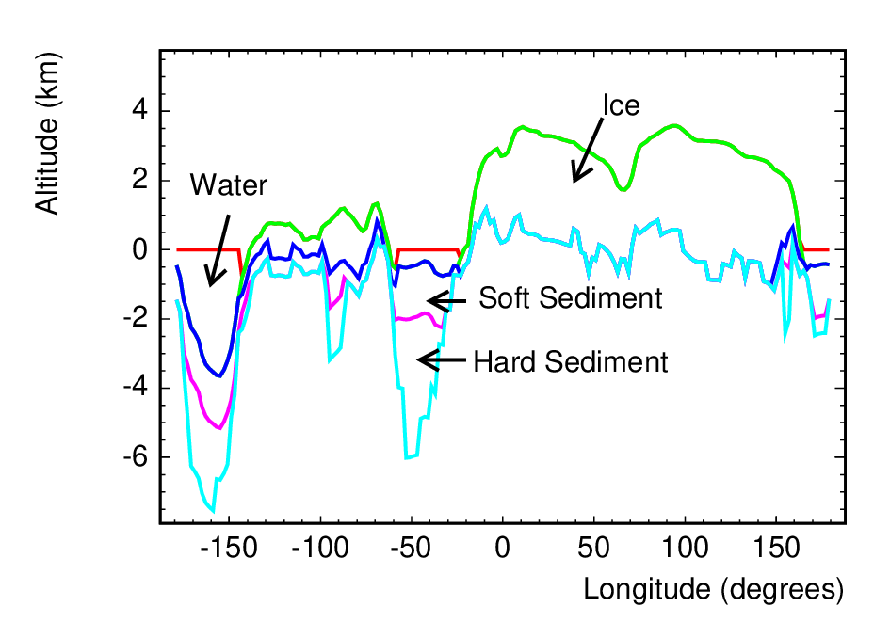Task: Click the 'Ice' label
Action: pos(621,105)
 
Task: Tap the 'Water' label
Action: pos(228,185)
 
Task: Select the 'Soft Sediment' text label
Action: pos(571,298)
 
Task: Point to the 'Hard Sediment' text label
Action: pos(571,361)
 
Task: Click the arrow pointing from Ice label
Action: pos(588,150)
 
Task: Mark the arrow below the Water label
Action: pos(219,249)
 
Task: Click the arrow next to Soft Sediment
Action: pos(446,301)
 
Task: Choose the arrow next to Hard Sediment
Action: pos(441,359)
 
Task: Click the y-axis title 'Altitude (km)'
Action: pos(47,134)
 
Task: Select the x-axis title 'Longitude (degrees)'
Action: pos(714,589)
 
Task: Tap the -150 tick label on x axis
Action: pos(229,548)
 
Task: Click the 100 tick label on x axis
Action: pos(685,548)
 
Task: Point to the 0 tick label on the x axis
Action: pos(502,548)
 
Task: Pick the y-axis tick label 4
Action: pos(139,110)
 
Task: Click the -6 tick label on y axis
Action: pos(135,456)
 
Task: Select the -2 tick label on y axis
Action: pos(135,318)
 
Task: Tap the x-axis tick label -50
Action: pos(411,548)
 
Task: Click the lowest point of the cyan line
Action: pos(213,511)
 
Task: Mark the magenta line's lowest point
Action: pos(219,428)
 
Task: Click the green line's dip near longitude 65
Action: pos(623,189)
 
